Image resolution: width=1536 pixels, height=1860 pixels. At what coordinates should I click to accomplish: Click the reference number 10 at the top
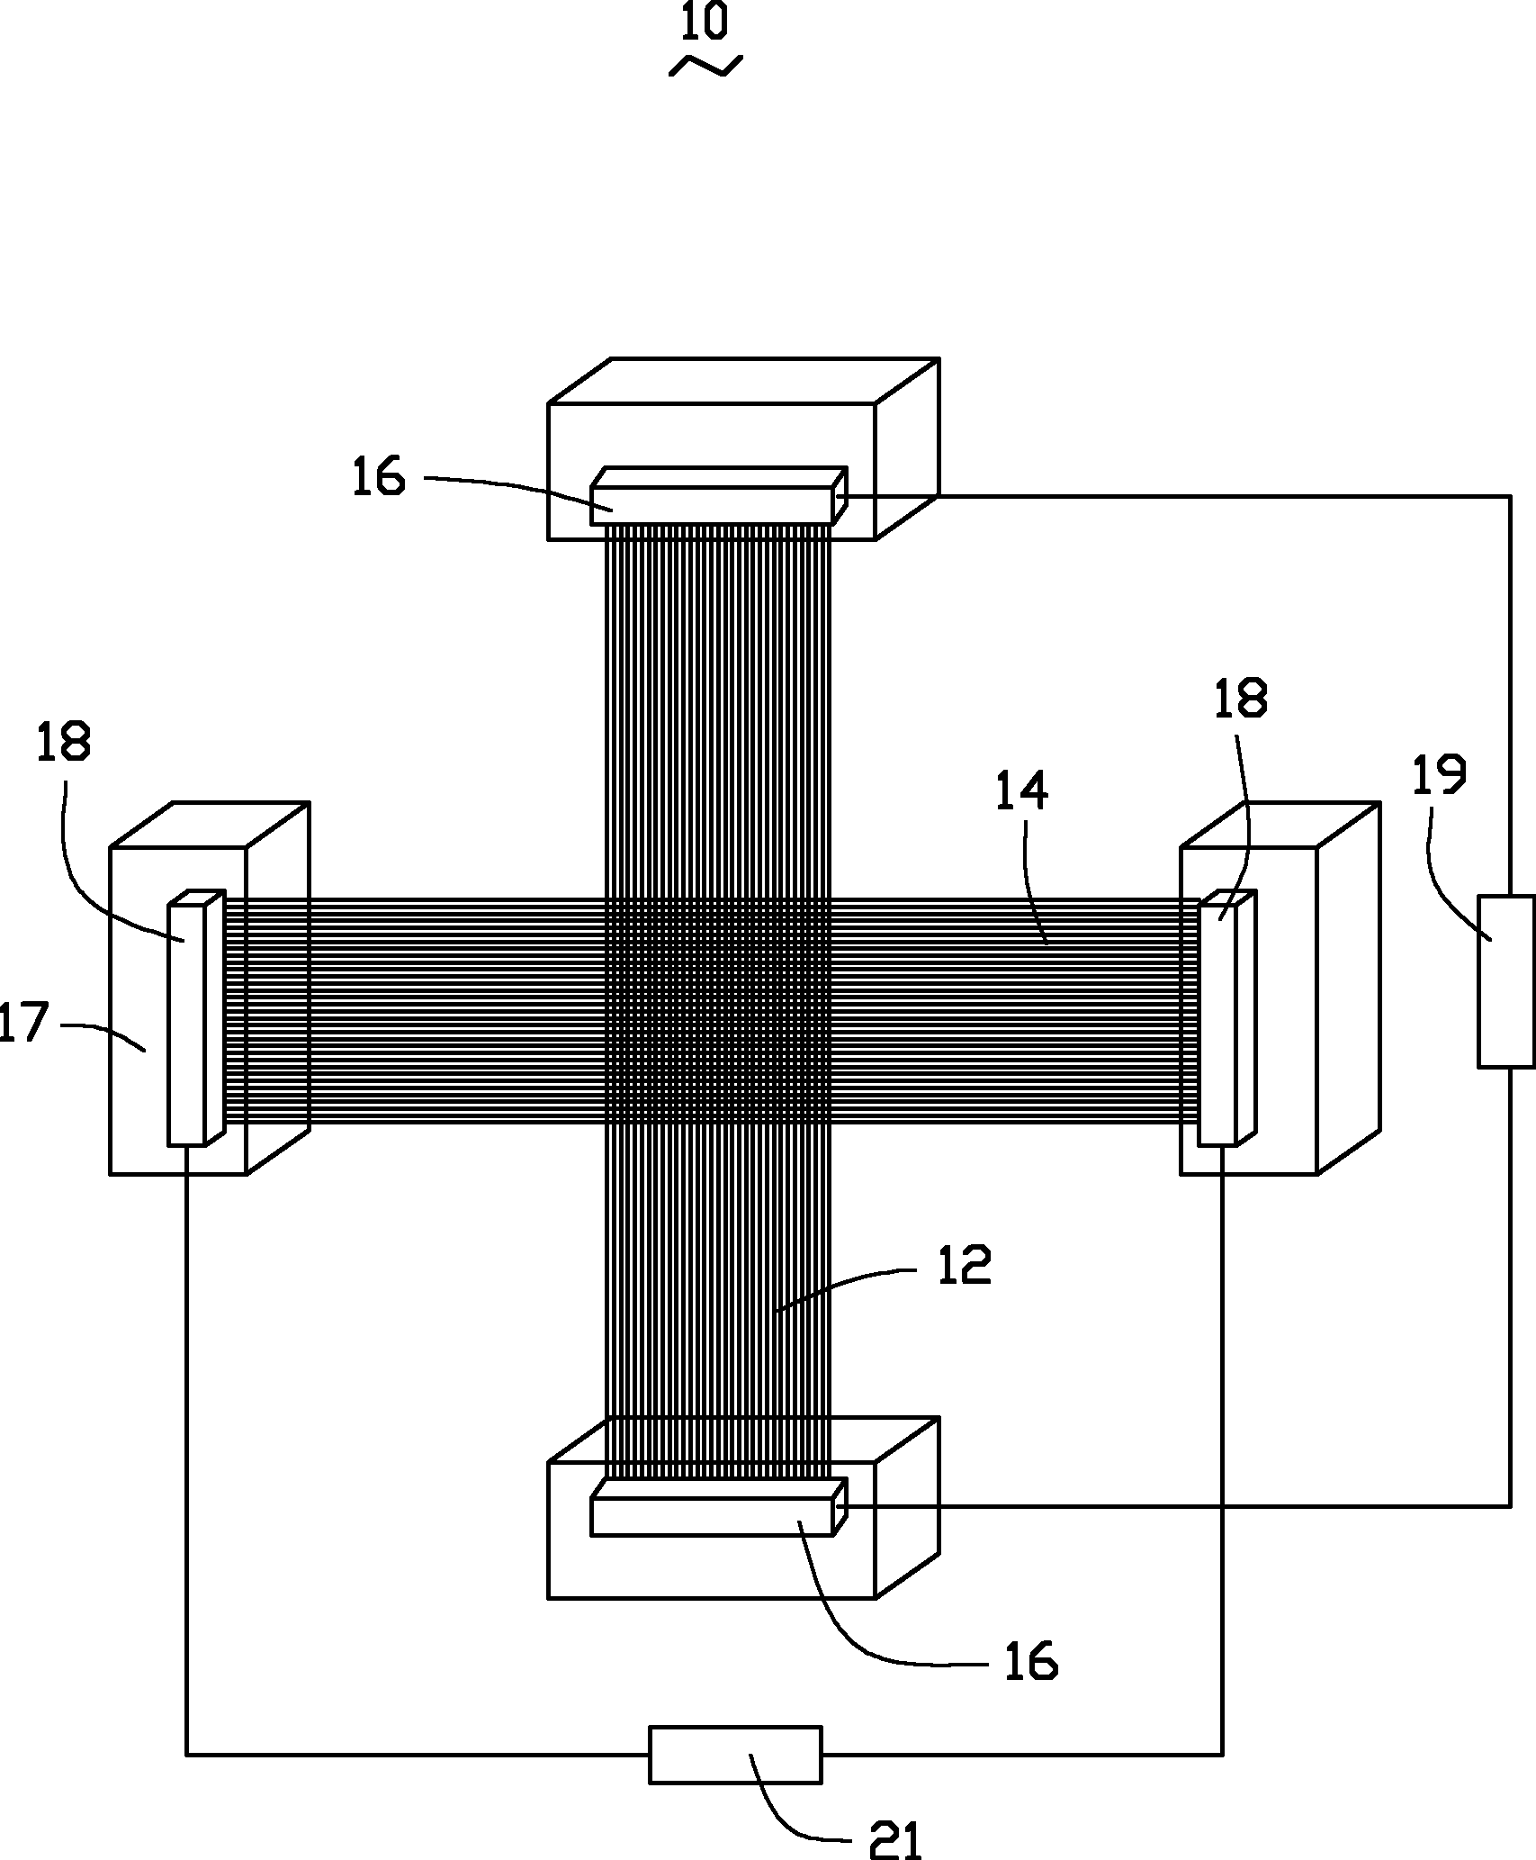704,23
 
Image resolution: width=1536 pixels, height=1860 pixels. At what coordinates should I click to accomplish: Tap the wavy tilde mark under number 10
706,65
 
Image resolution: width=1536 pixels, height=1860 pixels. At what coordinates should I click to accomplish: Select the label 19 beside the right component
1439,774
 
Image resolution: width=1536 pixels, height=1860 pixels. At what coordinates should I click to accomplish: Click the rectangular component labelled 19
1505,981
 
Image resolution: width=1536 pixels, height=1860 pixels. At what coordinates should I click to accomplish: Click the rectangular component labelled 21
735,1754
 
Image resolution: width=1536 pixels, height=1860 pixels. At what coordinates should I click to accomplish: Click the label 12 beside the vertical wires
964,1265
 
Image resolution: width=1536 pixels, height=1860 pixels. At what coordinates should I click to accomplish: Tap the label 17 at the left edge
22,1024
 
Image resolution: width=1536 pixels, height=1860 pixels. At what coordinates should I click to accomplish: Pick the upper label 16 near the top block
378,477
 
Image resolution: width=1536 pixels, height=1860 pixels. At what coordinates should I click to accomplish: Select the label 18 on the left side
63,744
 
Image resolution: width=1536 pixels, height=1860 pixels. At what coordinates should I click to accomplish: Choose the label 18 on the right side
1241,699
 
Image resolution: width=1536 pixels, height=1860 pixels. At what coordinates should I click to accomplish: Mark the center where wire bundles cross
717,1010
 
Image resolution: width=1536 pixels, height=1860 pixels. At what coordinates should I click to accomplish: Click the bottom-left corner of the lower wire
187,1754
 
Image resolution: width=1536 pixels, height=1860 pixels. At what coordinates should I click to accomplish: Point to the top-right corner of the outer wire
1509,496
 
